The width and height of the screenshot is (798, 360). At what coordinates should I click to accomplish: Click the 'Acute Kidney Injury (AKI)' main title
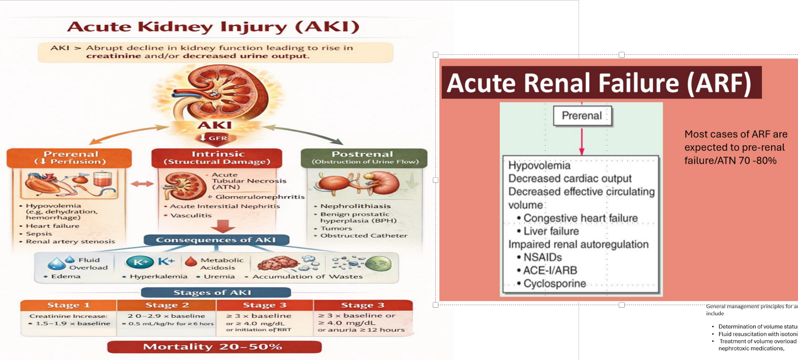tap(213, 27)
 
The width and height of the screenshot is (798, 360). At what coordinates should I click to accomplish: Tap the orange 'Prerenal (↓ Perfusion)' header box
tap(70, 158)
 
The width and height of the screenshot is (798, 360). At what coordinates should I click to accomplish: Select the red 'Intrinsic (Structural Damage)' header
tap(217, 158)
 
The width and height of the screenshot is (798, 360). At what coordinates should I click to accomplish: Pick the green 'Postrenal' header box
tap(364, 158)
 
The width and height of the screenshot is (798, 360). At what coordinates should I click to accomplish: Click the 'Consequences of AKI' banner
tap(216, 240)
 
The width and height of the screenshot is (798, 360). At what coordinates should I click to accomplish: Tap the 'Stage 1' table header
tap(69, 305)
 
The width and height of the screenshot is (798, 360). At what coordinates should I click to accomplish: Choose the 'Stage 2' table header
tap(167, 305)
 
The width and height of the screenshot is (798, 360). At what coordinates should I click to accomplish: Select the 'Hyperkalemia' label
tap(158, 277)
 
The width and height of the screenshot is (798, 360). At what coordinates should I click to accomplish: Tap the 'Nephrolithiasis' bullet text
tap(355, 206)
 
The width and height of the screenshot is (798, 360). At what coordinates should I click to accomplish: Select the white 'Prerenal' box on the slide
tap(582, 116)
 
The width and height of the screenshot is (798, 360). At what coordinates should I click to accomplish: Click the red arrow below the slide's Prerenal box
tap(582, 142)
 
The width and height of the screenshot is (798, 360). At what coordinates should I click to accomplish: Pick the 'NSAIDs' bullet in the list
tap(542, 257)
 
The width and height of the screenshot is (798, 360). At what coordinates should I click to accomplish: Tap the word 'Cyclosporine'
tap(555, 284)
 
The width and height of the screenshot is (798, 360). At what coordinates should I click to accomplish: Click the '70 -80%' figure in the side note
tap(756, 161)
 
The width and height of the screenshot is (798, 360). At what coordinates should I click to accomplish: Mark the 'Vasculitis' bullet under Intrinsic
tap(191, 215)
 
